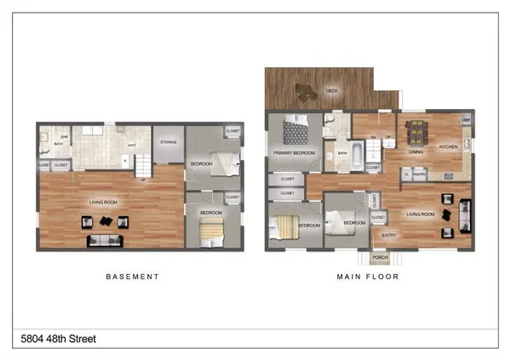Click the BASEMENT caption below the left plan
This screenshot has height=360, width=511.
tap(132, 277)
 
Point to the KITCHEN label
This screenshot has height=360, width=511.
tap(447, 147)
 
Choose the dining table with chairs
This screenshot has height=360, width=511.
tap(417, 132)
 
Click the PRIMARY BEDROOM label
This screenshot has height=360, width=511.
tap(294, 153)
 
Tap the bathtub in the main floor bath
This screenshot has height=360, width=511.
tap(356, 155)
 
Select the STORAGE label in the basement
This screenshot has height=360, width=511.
tap(168, 142)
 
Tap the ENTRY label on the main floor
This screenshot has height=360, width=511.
tap(388, 236)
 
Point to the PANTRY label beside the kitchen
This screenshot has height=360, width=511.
tap(419, 174)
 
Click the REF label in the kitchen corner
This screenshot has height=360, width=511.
tap(466, 121)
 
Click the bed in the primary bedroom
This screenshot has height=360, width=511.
tap(296, 131)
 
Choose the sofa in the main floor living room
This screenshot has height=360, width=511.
tap(465, 214)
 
